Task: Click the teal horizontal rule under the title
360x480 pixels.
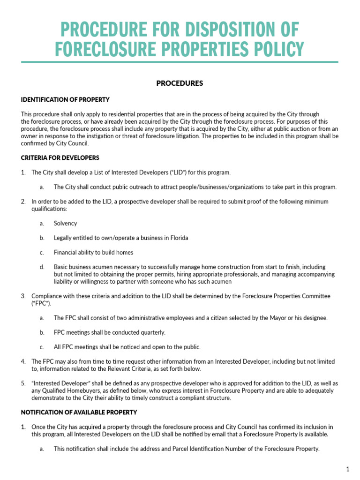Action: (x=180, y=62)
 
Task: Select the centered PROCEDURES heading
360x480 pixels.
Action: (x=180, y=83)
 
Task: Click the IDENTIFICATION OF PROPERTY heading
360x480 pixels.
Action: (x=65, y=100)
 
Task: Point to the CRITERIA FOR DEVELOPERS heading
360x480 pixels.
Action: (x=60, y=157)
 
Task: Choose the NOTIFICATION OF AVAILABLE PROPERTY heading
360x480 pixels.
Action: (x=79, y=412)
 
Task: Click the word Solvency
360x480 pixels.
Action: (x=65, y=224)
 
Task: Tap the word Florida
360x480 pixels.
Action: (x=178, y=238)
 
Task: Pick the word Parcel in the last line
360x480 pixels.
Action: (x=172, y=449)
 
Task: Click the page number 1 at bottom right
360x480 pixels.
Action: (x=348, y=469)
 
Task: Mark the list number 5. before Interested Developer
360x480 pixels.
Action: (x=23, y=383)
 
